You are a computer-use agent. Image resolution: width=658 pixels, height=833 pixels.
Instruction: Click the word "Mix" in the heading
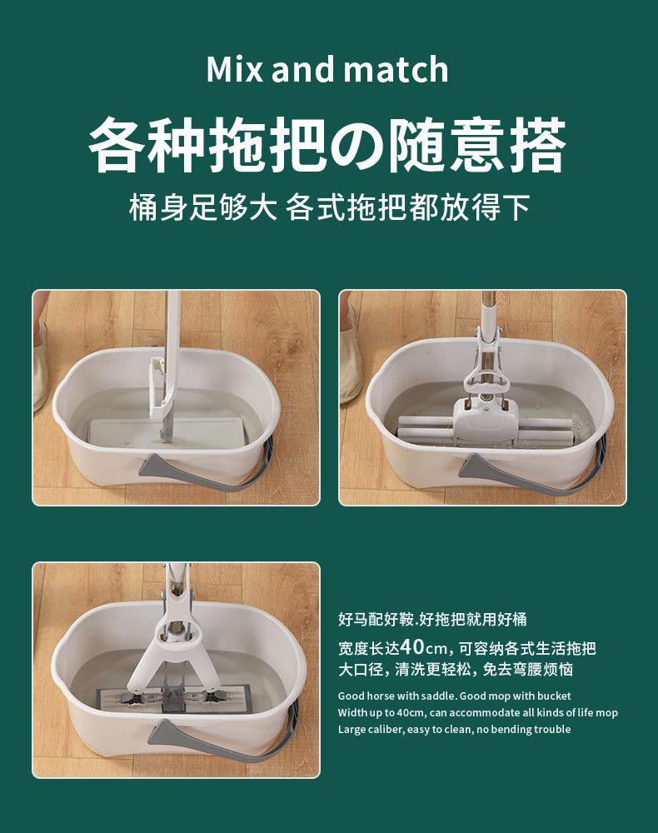(234, 69)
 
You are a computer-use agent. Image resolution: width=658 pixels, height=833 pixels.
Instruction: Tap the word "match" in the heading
(396, 70)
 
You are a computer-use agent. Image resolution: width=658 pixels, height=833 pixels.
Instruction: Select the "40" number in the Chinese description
(412, 647)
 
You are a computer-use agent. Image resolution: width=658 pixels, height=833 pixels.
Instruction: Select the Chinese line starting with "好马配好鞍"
(432, 619)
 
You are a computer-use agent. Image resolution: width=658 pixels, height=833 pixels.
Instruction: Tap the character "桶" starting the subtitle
(143, 207)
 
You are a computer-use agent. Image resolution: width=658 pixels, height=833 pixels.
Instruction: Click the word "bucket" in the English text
(554, 696)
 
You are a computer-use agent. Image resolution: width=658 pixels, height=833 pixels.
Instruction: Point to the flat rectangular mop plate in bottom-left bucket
(173, 699)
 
